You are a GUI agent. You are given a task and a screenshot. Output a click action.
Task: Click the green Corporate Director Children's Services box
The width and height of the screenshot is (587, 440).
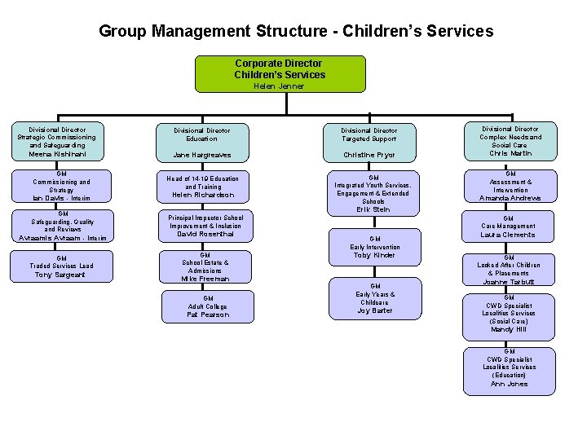(280, 69)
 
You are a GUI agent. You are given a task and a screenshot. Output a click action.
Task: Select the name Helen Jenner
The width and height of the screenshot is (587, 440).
(279, 86)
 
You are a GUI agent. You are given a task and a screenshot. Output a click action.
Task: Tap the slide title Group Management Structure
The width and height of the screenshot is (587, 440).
(295, 32)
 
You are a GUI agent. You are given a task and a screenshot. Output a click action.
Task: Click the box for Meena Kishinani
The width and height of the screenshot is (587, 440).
(56, 142)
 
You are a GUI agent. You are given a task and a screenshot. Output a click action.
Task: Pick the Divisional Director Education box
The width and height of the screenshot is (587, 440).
(202, 142)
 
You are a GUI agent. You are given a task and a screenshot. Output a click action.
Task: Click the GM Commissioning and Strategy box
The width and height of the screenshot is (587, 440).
(61, 186)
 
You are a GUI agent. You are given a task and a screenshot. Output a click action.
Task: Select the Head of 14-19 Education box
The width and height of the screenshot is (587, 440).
(202, 187)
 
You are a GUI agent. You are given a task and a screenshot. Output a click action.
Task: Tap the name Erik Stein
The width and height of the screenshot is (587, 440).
(373, 209)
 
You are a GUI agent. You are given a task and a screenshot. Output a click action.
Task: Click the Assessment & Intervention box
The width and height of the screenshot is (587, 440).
(510, 186)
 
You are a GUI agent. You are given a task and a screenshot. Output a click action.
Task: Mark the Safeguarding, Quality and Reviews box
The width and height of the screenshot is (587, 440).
(62, 226)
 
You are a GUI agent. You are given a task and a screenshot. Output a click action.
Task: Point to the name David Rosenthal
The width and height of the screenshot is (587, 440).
(205, 235)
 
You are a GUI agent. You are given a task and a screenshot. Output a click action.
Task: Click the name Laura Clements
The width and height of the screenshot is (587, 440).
(509, 235)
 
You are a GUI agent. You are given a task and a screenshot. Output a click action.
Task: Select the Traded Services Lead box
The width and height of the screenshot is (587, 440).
(62, 266)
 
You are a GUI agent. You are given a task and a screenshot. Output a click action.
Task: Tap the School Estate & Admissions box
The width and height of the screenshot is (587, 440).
(205, 266)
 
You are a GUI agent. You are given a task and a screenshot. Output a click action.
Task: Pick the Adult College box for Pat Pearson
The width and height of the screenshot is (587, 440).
(208, 306)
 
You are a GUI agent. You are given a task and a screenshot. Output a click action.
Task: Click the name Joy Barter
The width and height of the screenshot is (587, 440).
(374, 310)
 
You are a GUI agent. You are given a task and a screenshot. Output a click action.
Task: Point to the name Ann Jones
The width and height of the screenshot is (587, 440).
(509, 384)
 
